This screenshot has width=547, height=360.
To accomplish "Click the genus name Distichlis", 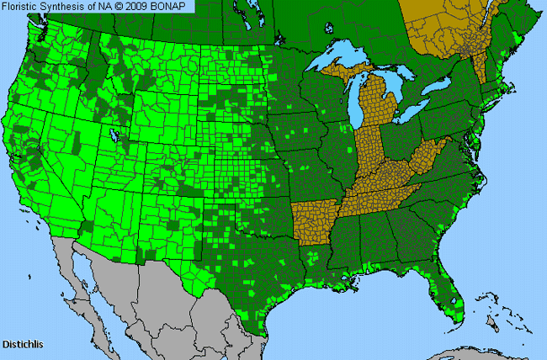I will (x=23, y=344).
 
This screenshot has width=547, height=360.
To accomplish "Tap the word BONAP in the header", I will (x=173, y=7).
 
